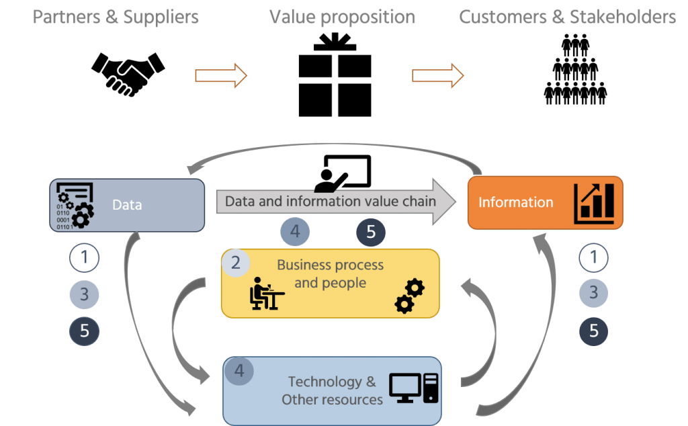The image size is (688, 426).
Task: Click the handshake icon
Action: click(128, 74)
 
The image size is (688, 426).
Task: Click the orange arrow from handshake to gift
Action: click(221, 75)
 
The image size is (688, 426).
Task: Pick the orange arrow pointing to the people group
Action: click(437, 75)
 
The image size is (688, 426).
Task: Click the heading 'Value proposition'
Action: click(342, 17)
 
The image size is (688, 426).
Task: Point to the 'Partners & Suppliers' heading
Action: click(116, 17)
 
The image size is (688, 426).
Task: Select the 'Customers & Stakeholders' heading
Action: click(567, 17)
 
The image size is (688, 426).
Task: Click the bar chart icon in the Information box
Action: click(594, 203)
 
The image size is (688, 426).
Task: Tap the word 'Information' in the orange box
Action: click(515, 202)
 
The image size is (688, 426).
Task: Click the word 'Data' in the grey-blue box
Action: click(127, 205)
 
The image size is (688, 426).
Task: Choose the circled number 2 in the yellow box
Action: click(236, 263)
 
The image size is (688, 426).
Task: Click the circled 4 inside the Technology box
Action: click(239, 371)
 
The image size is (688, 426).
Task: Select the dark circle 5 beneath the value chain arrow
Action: click(370, 233)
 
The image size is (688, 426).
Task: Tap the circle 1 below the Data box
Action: click(84, 257)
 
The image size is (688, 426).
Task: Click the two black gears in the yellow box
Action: click(409, 296)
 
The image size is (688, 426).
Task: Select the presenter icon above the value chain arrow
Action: click(343, 173)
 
